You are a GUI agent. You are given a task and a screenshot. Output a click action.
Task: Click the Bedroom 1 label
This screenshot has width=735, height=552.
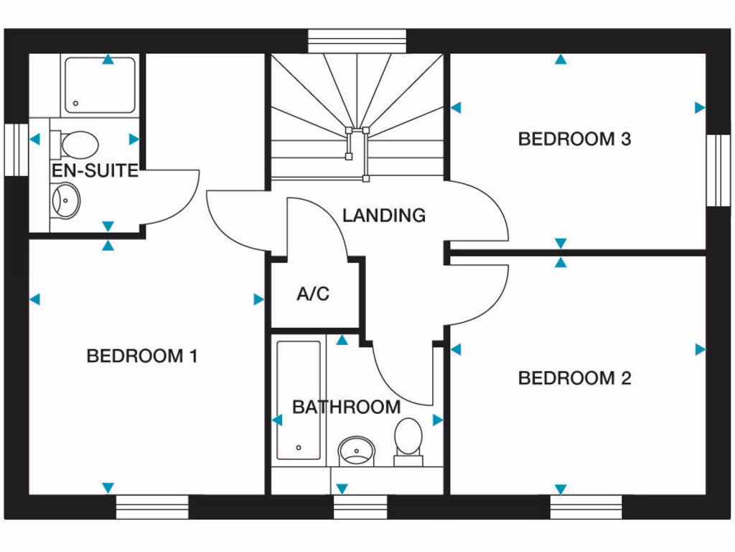[x=141, y=356]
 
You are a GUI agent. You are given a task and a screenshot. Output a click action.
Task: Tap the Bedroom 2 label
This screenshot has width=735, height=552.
[x=574, y=378]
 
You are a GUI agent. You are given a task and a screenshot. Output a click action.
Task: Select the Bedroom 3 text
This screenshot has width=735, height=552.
[x=574, y=139]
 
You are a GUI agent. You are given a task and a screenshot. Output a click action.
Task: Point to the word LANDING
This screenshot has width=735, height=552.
[x=383, y=215]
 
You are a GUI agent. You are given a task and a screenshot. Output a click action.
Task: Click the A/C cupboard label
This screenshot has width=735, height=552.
[x=313, y=294]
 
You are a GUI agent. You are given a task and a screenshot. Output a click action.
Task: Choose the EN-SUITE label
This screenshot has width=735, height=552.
[x=95, y=171]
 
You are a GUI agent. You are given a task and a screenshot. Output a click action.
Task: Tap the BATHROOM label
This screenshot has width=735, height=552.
[x=346, y=407]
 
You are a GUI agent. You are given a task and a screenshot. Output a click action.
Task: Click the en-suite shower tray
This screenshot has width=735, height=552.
[x=100, y=86]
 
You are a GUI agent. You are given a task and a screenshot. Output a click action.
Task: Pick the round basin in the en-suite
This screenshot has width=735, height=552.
[x=67, y=199]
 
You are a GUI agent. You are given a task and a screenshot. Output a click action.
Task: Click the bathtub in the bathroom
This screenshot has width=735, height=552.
[x=299, y=400]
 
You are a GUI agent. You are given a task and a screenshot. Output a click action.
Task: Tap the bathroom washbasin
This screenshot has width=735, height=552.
[x=356, y=451]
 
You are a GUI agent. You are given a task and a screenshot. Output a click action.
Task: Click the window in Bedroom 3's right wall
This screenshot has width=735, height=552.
[x=717, y=170]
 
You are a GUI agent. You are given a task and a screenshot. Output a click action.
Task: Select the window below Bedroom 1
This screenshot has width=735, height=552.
[x=152, y=506]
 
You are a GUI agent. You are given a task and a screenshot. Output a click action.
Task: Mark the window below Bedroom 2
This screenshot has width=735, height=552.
[x=586, y=506]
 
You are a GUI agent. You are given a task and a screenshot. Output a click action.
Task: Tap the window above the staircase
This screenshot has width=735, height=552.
[x=357, y=40]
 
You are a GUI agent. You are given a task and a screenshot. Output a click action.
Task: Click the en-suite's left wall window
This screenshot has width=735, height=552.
[x=15, y=149]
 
